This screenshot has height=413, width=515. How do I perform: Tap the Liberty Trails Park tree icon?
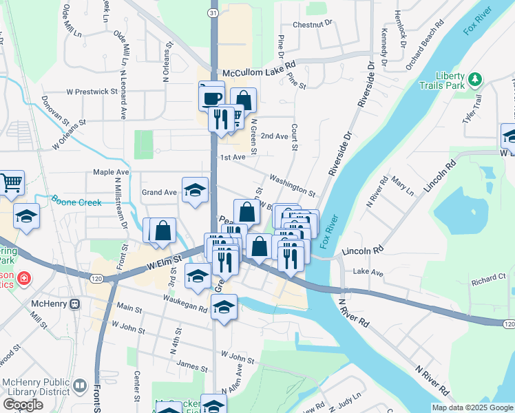coord(474,81)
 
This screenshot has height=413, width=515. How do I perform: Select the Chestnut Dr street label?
coord(313,23)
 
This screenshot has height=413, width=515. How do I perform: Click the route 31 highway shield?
coord(213,13)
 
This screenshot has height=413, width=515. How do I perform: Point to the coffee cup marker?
coord(211,96)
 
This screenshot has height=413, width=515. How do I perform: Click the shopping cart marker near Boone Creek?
coord(11,183)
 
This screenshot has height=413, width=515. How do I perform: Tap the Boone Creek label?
coord(76,202)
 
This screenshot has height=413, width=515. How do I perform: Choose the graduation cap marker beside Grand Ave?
coord(196,190)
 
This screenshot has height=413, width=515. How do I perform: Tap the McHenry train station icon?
coord(74,304)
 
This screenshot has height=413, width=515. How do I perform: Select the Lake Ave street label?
coord(368,273)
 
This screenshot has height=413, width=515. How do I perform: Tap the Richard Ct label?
coord(488,278)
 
